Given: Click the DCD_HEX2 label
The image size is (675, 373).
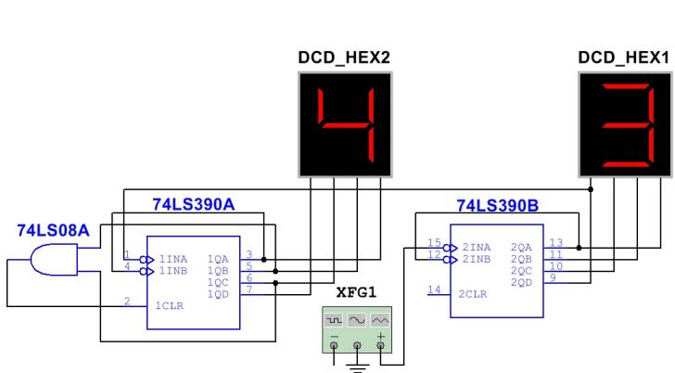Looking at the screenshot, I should click(x=342, y=58).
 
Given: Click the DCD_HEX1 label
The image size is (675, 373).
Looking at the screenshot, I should click(x=623, y=58).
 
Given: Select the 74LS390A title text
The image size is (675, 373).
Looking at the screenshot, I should click(x=192, y=204).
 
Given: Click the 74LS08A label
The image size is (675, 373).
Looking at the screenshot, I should click(x=54, y=230).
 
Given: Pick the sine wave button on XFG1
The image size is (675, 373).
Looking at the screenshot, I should click(x=358, y=318).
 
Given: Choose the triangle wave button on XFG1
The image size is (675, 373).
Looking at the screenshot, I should click(x=380, y=318).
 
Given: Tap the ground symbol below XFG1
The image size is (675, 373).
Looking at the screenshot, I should click(x=357, y=366).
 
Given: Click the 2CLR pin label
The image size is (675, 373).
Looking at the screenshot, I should click(x=472, y=294).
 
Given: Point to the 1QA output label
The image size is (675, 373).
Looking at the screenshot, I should click(x=219, y=258).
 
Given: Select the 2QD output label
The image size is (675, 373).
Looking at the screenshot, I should click(x=521, y=280).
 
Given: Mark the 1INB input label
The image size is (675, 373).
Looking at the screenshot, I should click(x=173, y=270).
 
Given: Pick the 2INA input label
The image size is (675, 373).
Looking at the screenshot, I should click(x=476, y=247).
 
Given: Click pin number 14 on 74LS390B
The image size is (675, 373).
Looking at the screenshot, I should click(x=432, y=290).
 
